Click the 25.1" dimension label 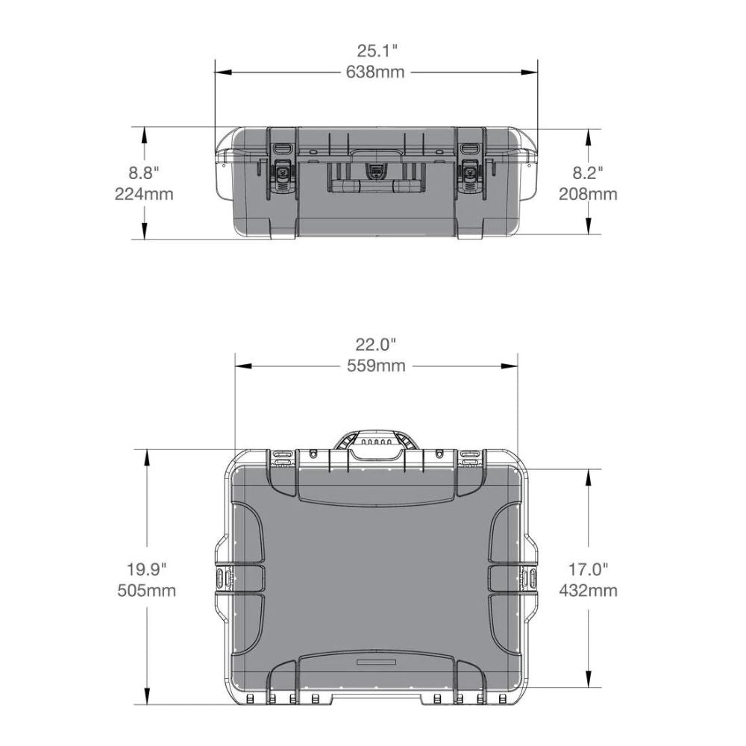click(x=377, y=51)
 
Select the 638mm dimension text click(x=377, y=72)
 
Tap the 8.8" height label click(x=144, y=173)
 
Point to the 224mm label click(x=144, y=194)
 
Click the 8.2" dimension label click(x=588, y=173)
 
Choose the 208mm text click(x=588, y=194)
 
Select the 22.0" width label click(x=376, y=345)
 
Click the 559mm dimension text click(x=376, y=366)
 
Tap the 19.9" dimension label click(x=146, y=569)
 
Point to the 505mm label click(x=146, y=591)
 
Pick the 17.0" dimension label click(x=588, y=569)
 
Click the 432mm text click(x=588, y=591)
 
